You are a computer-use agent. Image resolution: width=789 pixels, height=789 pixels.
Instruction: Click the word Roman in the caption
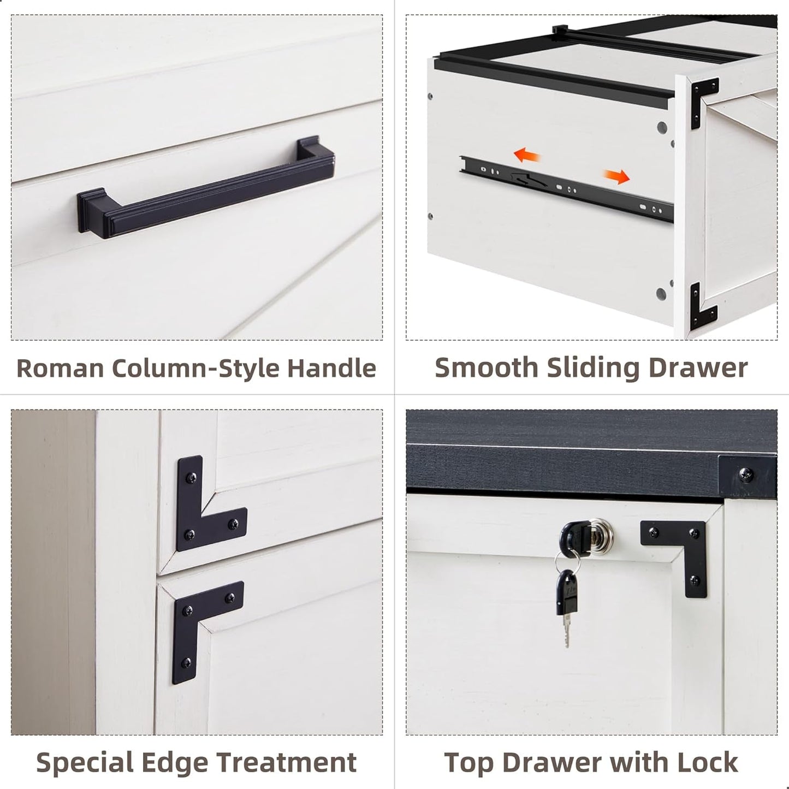tap(60, 368)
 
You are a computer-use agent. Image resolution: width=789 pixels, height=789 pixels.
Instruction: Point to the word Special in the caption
tap(85, 762)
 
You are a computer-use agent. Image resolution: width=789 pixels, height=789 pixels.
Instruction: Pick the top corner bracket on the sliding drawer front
tap(703, 98)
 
